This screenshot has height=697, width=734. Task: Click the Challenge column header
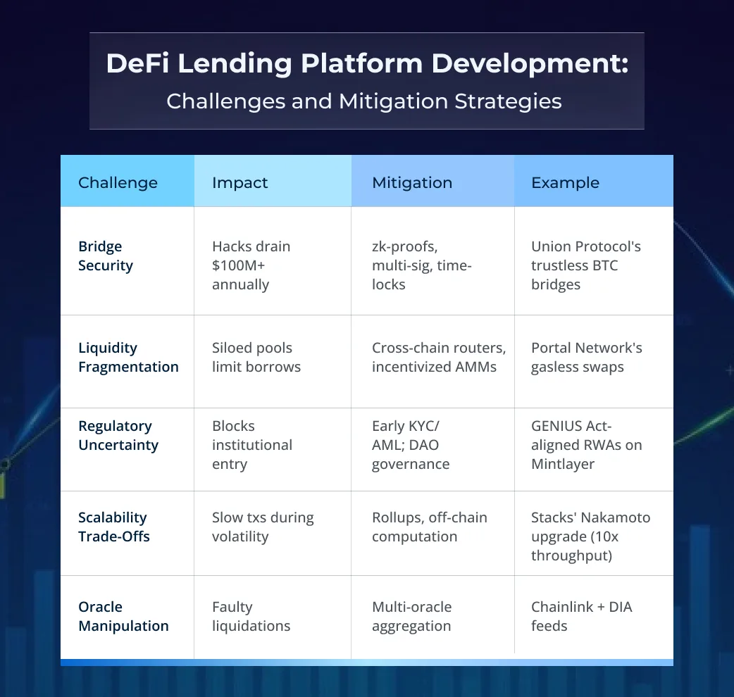(118, 183)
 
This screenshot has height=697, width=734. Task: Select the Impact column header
(240, 183)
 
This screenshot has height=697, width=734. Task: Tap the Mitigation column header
(412, 183)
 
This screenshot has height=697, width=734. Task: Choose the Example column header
(565, 183)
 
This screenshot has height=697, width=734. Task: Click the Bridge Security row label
(106, 256)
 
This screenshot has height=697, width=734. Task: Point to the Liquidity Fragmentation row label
(128, 358)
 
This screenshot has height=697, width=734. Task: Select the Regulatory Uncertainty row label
(118, 436)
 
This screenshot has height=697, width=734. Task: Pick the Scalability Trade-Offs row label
(114, 527)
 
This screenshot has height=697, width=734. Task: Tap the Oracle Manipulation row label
(123, 616)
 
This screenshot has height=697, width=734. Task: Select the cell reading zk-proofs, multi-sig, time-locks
(422, 265)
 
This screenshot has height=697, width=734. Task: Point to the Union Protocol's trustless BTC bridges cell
(585, 265)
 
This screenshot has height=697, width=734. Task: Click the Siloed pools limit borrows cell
(256, 358)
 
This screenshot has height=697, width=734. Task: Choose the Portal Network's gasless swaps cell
(586, 358)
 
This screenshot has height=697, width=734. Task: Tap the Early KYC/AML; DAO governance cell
(411, 445)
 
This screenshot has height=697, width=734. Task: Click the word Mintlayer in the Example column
(563, 464)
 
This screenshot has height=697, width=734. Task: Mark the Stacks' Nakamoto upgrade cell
(590, 536)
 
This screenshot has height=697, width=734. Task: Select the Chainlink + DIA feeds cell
(581, 616)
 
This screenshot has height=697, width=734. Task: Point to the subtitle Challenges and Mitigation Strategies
(364, 101)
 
